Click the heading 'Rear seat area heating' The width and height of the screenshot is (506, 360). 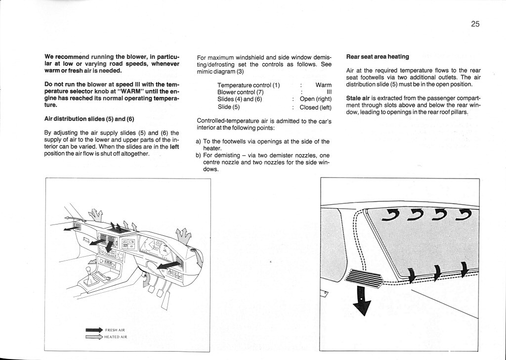point(377,57)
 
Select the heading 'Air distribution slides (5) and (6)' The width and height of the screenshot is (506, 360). point(89,119)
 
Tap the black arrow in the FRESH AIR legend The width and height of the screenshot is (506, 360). point(93,329)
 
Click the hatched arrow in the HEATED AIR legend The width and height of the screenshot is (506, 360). point(93,336)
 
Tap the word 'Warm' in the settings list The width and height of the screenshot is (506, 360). point(323,85)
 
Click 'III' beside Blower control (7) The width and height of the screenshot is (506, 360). point(329,92)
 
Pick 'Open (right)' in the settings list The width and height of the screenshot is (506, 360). point(315,99)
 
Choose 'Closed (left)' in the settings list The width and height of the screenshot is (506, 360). point(315,107)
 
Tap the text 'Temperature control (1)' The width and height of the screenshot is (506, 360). point(249,85)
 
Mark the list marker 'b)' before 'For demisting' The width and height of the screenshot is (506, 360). point(200,155)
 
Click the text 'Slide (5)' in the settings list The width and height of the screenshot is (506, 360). point(228,107)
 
